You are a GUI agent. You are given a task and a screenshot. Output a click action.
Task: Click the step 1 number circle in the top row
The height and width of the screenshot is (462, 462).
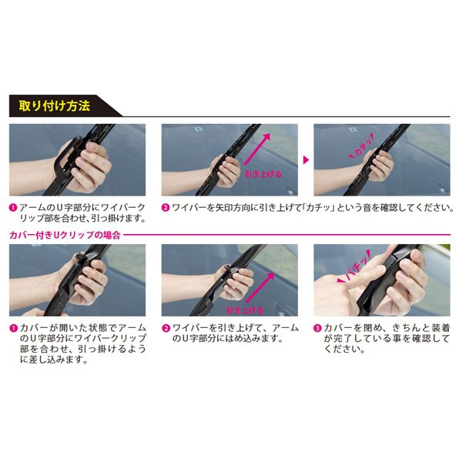click(13, 207)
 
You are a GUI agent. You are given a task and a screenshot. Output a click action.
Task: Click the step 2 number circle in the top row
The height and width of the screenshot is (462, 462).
click(166, 207)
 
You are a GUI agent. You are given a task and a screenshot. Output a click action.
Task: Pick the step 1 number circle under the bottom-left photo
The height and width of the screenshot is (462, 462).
click(13, 326)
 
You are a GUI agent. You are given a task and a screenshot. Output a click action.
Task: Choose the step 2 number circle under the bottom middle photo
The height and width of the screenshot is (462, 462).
click(166, 326)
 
